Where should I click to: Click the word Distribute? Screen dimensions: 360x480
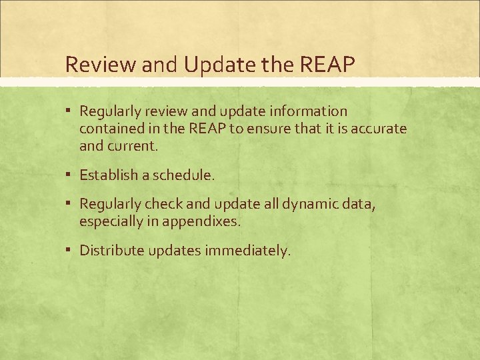tap(110, 251)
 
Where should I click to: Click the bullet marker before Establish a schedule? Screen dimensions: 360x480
tap(70, 175)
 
